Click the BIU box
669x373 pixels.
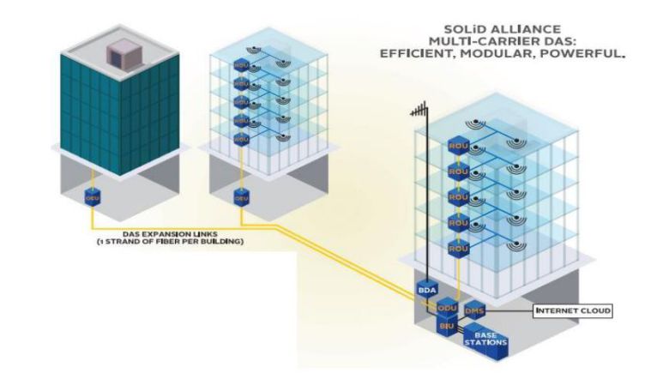tap(445, 327)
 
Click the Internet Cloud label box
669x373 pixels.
tap(573, 310)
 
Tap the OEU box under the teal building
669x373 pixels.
tap(93, 198)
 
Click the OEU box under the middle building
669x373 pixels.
tap(241, 198)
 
